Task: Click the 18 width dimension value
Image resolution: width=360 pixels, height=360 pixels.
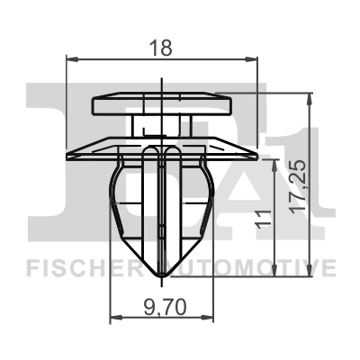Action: [x=162, y=48]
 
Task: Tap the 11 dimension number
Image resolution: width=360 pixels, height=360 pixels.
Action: [x=261, y=217]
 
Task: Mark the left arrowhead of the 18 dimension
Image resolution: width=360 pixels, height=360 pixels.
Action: [x=73, y=60]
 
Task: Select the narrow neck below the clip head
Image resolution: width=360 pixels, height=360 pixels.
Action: [x=162, y=125]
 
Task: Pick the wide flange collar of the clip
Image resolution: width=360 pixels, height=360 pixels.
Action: [x=162, y=146]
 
